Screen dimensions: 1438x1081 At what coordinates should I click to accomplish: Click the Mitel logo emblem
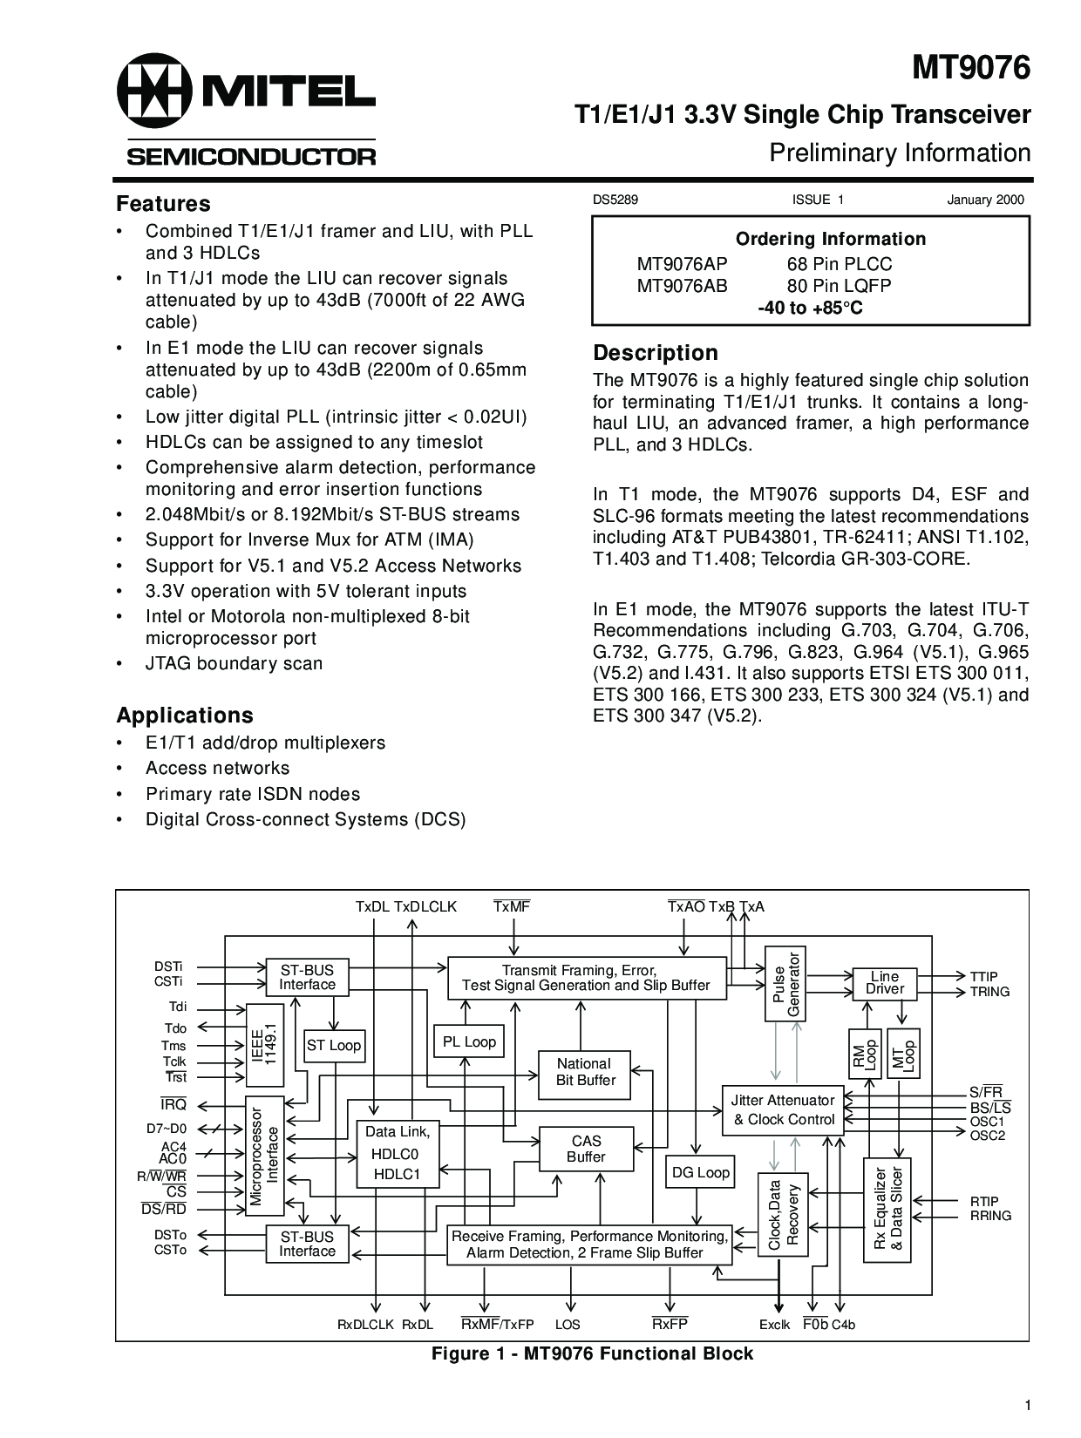(x=154, y=91)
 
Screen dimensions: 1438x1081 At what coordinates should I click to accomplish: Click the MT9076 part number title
(x=971, y=67)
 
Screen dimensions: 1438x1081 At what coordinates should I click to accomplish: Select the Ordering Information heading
(x=830, y=239)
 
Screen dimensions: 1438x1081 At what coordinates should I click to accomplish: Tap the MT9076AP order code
(x=682, y=264)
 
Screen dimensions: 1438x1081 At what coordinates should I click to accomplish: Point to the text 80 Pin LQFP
(x=839, y=286)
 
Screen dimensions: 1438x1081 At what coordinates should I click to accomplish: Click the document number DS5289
(x=615, y=200)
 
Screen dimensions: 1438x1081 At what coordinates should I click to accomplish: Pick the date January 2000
(x=985, y=200)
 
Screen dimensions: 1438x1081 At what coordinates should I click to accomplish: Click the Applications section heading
(x=185, y=716)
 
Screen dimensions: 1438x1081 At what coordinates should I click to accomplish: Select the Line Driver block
(x=885, y=983)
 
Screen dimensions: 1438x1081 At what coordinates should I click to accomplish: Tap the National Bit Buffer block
(x=585, y=1072)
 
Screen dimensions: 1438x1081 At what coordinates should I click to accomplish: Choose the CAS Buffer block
(x=586, y=1149)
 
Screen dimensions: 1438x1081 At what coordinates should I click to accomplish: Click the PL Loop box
(x=469, y=1041)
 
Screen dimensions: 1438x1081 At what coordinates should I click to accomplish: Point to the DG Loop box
(x=700, y=1173)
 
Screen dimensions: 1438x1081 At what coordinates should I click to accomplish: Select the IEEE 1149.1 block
(x=264, y=1044)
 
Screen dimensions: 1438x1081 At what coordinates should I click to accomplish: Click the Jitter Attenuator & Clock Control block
(x=783, y=1110)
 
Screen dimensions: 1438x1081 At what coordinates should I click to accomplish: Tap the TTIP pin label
(x=984, y=977)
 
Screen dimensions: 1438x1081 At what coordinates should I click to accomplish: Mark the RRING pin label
(x=990, y=1216)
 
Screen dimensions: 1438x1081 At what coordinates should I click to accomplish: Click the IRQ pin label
(x=173, y=1105)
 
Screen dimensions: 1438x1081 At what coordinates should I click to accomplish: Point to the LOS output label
(x=568, y=1325)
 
